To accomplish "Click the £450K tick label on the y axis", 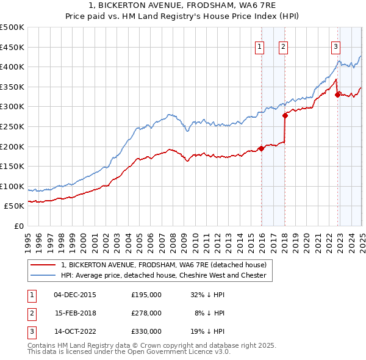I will (x=12, y=47).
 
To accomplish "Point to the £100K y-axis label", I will (x=12, y=186).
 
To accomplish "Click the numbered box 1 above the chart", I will (x=260, y=46).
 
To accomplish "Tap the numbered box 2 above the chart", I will (x=284, y=46).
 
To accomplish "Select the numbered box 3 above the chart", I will (x=336, y=46).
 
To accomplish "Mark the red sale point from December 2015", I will (x=261, y=148).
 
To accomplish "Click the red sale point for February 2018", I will (x=285, y=115).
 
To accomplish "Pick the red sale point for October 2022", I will (x=337, y=94).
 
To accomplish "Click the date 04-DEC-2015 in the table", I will (x=75, y=295).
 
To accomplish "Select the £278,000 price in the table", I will (x=146, y=313).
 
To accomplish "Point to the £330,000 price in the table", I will (x=146, y=331).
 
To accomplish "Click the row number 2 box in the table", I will (x=31, y=313).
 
